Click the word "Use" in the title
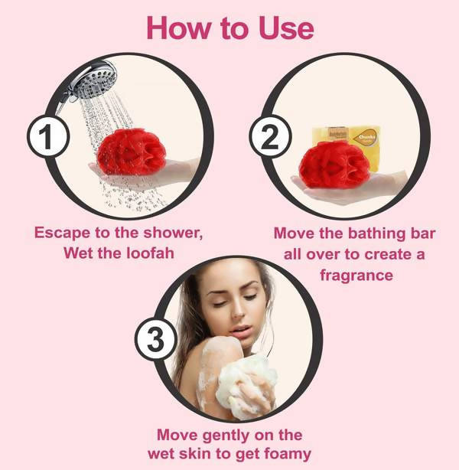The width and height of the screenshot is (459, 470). tap(278, 28)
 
